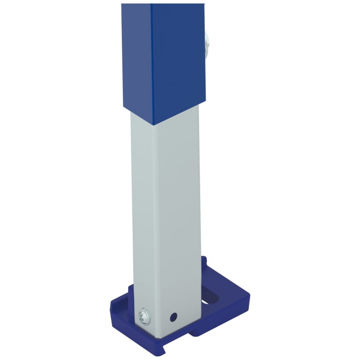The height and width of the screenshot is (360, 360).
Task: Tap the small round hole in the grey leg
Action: [x=174, y=315]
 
